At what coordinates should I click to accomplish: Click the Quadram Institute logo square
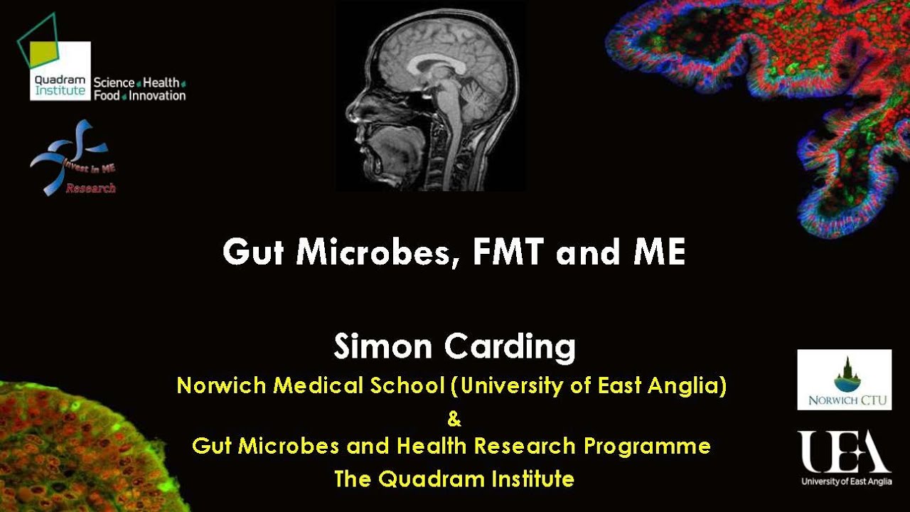pyautogui.click(x=60, y=70)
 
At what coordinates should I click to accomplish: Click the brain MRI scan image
pyautogui.click(x=431, y=96)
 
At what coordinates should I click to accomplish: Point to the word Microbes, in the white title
pyautogui.click(x=378, y=253)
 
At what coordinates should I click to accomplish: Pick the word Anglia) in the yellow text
pyautogui.click(x=690, y=386)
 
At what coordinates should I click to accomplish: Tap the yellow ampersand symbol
pyautogui.click(x=454, y=420)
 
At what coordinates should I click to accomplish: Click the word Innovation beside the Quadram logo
pyautogui.click(x=157, y=95)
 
